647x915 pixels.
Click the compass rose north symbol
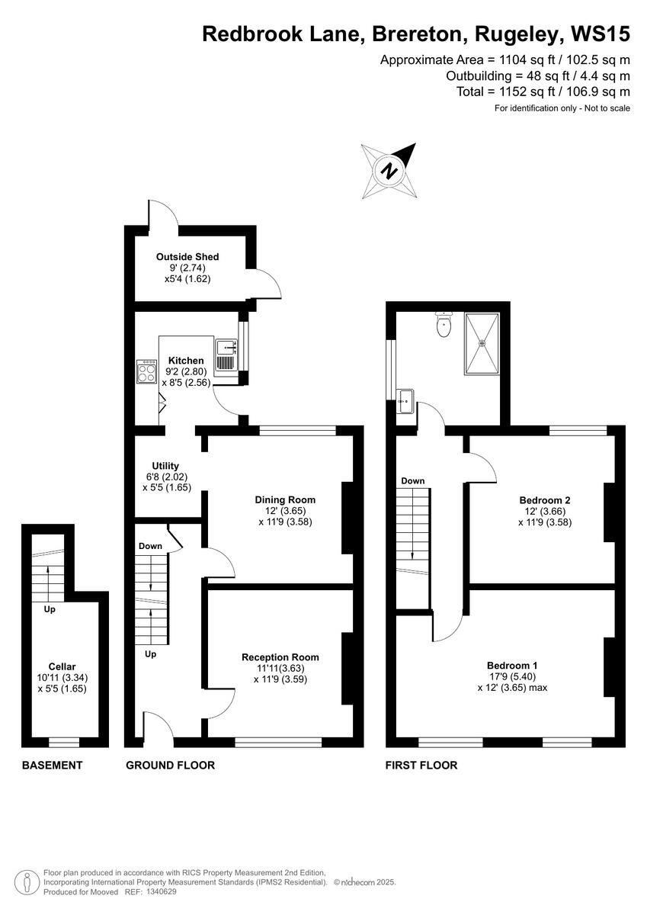(390, 171)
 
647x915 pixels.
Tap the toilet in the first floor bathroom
(444, 326)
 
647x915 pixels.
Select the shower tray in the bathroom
(481, 343)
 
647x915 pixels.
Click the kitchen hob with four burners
(146, 372)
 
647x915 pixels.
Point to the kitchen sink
(226, 356)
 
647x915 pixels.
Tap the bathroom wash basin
(404, 400)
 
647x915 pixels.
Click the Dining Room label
(285, 500)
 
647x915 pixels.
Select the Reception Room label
(280, 657)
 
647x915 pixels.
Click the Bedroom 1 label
(512, 665)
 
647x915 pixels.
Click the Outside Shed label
(187, 257)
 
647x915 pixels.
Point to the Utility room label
(165, 466)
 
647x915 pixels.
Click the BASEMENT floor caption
(52, 765)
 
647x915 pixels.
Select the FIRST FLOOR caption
(421, 765)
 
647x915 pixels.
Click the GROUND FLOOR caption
(170, 765)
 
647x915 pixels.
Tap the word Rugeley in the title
(520, 34)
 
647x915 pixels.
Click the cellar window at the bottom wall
(64, 742)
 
